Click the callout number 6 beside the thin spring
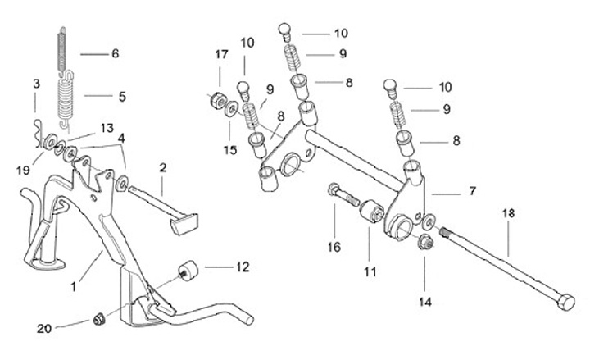point(115,54)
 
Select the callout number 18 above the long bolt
point(508,213)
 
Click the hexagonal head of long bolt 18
point(565,302)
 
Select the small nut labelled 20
point(98,318)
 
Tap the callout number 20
point(45,329)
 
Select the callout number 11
point(368,270)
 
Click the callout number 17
point(221,54)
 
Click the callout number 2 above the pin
point(162,167)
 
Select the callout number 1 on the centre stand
point(73,287)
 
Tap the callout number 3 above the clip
point(36,84)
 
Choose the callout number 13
point(108,128)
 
